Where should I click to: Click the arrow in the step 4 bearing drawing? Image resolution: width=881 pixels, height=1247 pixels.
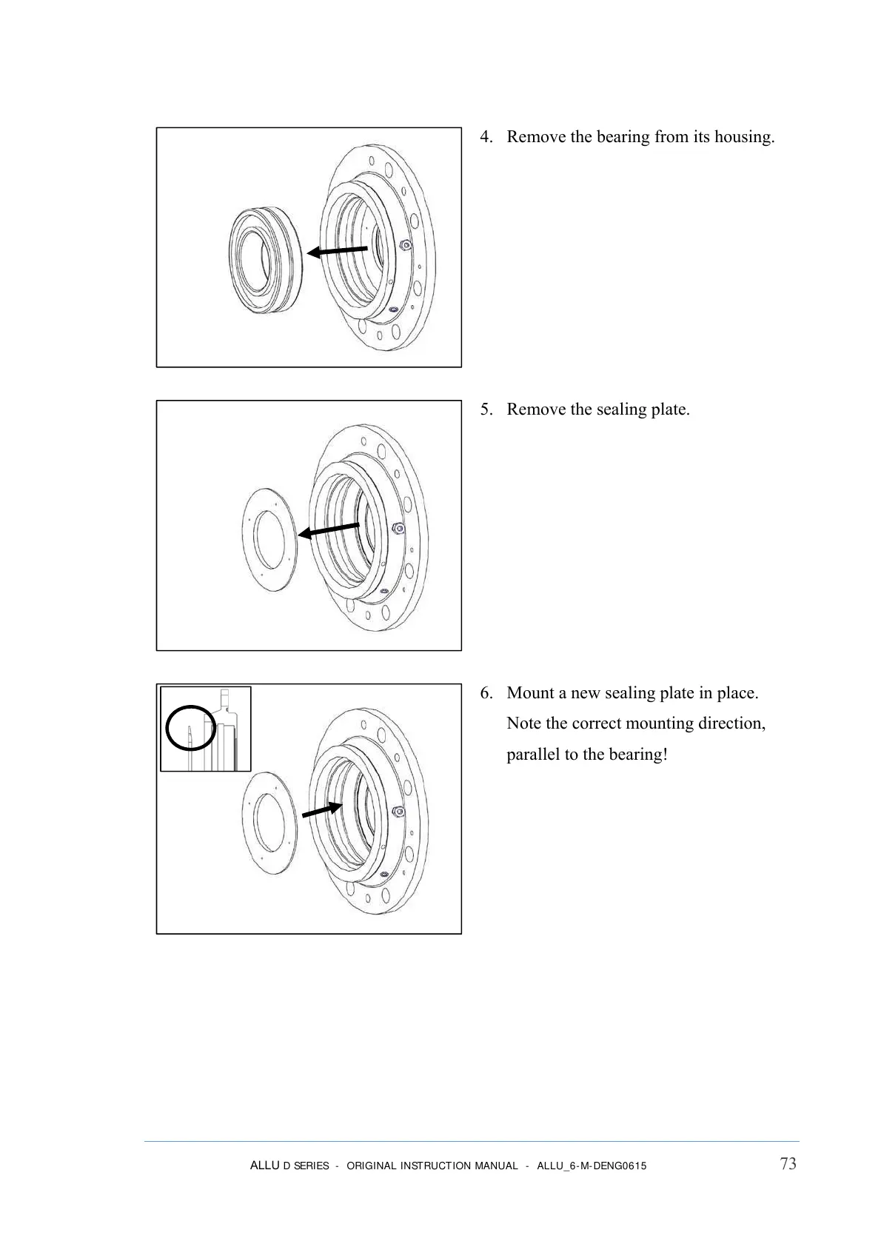pyautogui.click(x=338, y=251)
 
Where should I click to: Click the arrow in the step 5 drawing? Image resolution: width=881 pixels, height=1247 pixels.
pyautogui.click(x=329, y=530)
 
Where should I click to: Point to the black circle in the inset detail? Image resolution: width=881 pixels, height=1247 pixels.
pyautogui.click(x=191, y=728)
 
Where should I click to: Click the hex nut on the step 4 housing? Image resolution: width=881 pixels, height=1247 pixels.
pyautogui.click(x=401, y=244)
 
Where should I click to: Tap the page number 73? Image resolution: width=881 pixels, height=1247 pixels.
pyautogui.click(x=788, y=1164)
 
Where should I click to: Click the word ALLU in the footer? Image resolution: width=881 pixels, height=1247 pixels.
pyautogui.click(x=264, y=1166)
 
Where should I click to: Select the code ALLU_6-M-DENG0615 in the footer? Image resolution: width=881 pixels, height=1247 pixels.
pyautogui.click(x=591, y=1166)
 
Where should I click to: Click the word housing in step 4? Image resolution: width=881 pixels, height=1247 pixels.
pyautogui.click(x=743, y=137)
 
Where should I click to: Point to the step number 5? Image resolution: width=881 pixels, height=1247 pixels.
pyautogui.click(x=486, y=409)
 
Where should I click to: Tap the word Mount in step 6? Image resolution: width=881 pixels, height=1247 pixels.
pyautogui.click(x=532, y=693)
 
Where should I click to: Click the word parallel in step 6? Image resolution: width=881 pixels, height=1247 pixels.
pyautogui.click(x=533, y=755)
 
